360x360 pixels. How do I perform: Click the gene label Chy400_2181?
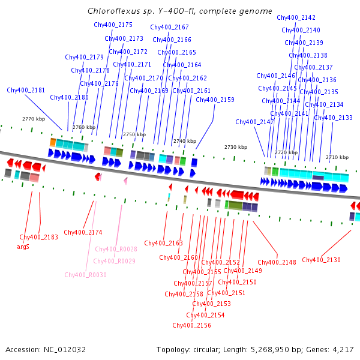(26, 90)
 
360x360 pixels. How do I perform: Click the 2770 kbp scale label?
(34, 119)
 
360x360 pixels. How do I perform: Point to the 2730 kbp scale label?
(236, 147)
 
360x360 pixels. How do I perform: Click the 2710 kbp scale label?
(337, 157)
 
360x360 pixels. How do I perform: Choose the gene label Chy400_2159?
(215, 100)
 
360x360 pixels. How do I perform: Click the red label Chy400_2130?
(321, 260)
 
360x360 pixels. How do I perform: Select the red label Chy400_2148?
(277, 262)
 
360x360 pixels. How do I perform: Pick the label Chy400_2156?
(191, 325)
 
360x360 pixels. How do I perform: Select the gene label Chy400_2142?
(296, 17)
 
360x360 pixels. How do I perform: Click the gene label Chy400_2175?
(113, 25)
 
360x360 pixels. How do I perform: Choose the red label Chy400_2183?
(39, 237)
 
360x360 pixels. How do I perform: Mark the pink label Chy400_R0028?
(116, 249)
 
